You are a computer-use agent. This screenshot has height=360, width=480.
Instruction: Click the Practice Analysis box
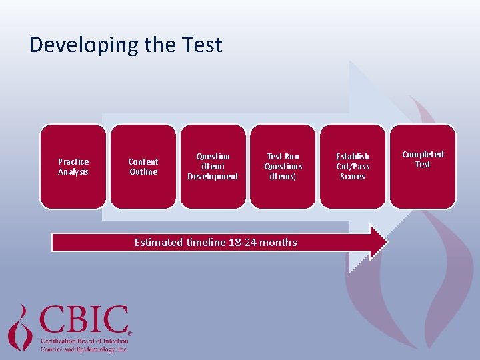(x=73, y=167)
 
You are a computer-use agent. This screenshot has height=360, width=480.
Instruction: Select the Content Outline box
(x=143, y=167)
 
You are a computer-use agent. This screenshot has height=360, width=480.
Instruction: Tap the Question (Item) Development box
(x=213, y=167)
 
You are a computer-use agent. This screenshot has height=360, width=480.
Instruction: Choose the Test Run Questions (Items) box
(x=283, y=167)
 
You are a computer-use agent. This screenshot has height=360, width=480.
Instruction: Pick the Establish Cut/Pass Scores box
(x=353, y=167)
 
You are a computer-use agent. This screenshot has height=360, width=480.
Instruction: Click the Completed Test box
(x=423, y=167)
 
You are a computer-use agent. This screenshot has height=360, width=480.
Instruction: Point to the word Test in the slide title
(x=201, y=45)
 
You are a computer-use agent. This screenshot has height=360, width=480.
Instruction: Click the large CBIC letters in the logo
(x=84, y=321)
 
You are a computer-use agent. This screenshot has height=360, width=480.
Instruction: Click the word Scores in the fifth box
(x=353, y=177)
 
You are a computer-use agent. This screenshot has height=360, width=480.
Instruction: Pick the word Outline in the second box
(x=143, y=172)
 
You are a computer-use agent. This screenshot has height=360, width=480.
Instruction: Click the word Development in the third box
(x=213, y=177)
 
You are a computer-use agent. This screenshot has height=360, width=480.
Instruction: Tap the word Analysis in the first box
(x=73, y=172)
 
